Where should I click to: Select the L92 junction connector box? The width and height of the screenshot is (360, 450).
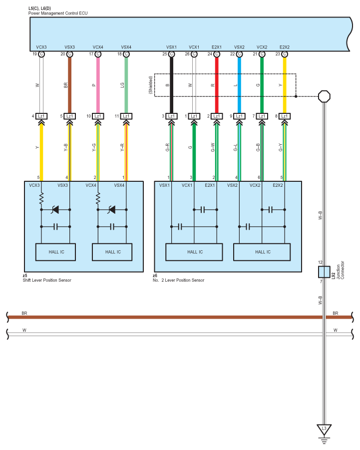coord(324,272)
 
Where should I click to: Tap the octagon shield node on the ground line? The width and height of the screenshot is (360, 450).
coord(324,96)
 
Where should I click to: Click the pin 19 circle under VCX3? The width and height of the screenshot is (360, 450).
coord(41,54)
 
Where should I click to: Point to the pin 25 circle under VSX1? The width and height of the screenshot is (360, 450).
coord(172,54)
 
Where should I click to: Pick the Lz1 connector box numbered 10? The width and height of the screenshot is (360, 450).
coord(98,116)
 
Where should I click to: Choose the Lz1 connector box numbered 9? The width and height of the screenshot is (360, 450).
coord(239,116)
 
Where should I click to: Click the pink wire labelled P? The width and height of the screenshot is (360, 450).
coord(98,85)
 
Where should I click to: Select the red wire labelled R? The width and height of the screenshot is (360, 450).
coord(217,85)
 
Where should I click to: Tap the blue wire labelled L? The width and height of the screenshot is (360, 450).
coord(239,85)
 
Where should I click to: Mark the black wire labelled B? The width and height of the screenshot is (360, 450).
coord(172,85)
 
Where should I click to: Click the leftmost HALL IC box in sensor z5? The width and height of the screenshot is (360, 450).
coord(55,252)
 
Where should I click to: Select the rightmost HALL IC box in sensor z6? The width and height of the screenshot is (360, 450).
coord(262,252)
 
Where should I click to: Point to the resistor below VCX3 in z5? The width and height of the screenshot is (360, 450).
coord(41,198)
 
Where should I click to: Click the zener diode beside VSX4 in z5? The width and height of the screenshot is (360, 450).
coord(111,209)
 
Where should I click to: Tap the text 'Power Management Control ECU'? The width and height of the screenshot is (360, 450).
coord(58,13)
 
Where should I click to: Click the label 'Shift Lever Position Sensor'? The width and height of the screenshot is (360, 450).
coord(47,280)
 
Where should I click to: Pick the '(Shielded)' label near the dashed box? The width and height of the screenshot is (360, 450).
coord(150,85)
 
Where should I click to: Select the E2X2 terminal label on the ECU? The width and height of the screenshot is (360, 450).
coord(285,47)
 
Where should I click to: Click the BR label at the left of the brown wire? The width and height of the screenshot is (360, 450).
coord(24,313)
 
